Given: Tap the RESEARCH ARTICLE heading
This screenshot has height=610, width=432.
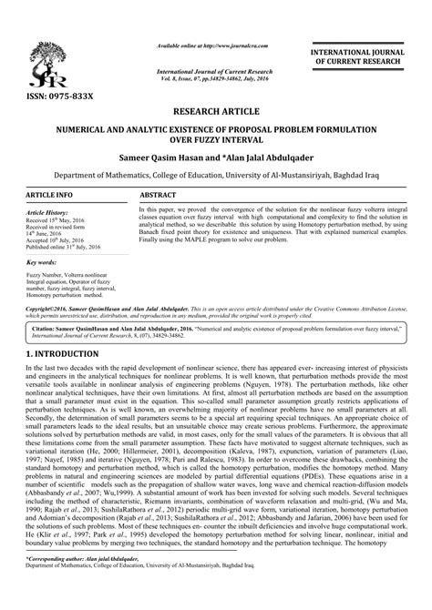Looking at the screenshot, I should pos(216,112).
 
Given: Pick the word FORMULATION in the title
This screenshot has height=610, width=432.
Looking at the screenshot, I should pos(345,131).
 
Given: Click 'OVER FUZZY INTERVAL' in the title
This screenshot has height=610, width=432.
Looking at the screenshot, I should pos(216,142).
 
